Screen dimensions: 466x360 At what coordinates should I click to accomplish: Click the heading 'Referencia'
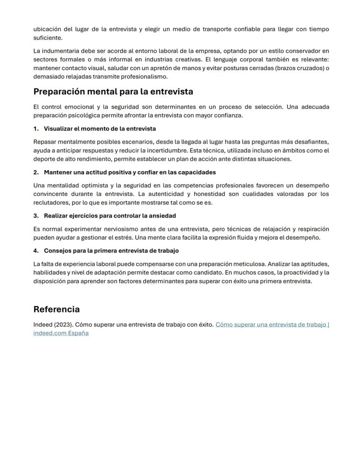click(x=57, y=309)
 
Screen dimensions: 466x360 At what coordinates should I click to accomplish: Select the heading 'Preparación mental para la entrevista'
click(x=113, y=92)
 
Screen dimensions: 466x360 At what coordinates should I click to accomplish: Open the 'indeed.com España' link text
click(x=61, y=333)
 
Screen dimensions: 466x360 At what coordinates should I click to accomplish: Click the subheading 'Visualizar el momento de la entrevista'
click(x=100, y=129)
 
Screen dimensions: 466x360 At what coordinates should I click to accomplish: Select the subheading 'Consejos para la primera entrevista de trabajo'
click(x=111, y=251)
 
